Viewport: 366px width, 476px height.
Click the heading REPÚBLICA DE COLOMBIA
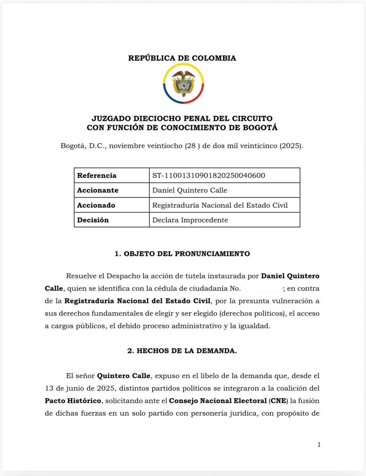182,58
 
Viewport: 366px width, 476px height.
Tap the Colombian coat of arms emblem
183,84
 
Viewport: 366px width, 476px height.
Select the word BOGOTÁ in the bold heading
260,128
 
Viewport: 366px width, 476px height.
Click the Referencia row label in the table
97,176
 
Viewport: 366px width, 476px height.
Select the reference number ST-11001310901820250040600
209,176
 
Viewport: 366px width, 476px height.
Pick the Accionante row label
97,190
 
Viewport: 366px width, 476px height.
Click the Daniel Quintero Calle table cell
190,190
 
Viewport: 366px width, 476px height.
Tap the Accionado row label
96,205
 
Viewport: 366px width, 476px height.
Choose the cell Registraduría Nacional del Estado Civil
220,205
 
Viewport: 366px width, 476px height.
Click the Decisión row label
93,220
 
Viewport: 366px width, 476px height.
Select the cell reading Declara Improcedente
190,220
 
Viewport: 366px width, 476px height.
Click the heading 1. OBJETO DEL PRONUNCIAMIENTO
182,254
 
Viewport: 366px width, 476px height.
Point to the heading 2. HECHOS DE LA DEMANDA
182,351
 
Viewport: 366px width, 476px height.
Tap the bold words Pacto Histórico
73,401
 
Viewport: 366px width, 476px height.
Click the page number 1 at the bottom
319,445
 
